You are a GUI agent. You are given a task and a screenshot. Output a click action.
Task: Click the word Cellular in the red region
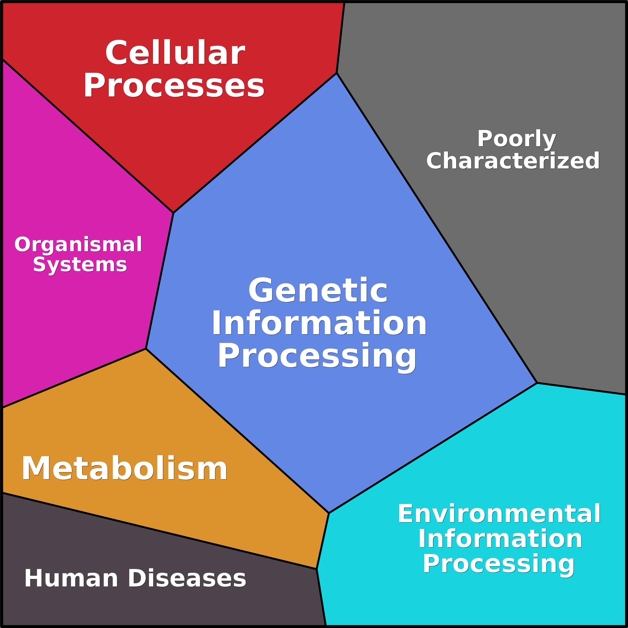click(175, 53)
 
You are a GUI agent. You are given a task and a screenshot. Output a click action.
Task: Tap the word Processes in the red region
click(174, 85)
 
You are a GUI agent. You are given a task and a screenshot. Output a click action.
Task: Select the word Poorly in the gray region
click(516, 138)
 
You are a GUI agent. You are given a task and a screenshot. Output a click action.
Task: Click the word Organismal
click(78, 244)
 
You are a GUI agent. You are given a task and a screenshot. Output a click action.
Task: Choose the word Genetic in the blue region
click(318, 290)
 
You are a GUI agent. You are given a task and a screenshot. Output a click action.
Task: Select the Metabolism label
click(124, 468)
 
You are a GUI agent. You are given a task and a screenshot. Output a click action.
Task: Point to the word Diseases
click(187, 578)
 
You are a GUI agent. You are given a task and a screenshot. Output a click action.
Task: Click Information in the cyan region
click(500, 539)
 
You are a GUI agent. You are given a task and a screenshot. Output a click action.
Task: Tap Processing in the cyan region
click(498, 564)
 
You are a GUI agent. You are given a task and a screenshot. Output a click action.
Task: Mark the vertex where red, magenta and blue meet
click(173, 213)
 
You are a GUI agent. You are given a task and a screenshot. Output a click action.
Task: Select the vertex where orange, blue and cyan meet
click(329, 513)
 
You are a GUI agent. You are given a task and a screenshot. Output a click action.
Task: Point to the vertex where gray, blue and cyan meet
click(537, 383)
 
